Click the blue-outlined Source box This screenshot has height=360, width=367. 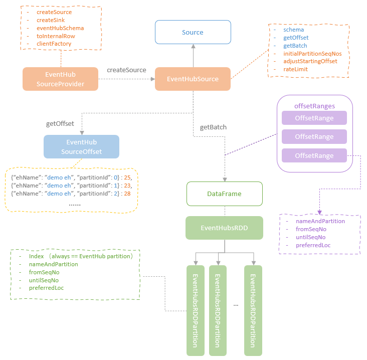click(x=193, y=32)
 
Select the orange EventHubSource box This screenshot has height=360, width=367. click(x=193, y=79)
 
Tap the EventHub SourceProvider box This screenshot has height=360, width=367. click(x=60, y=79)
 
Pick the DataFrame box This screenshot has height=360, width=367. click(x=224, y=194)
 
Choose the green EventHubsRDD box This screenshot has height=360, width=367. click(x=224, y=228)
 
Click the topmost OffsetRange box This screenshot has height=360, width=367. click(x=314, y=117)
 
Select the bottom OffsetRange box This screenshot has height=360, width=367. click(x=314, y=155)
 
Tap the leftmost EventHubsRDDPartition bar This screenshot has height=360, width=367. click(x=196, y=310)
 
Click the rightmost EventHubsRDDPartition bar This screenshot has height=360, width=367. click(x=253, y=310)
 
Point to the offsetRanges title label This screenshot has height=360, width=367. click(x=314, y=106)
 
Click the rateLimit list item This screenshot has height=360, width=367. click(x=295, y=69)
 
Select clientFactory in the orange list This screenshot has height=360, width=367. click(x=54, y=44)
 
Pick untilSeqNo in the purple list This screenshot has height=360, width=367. click(x=310, y=237)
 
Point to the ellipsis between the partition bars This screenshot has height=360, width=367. click(x=235, y=304)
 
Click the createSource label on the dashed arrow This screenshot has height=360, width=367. click(x=126, y=70)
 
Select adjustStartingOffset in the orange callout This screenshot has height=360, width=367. click(x=310, y=61)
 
